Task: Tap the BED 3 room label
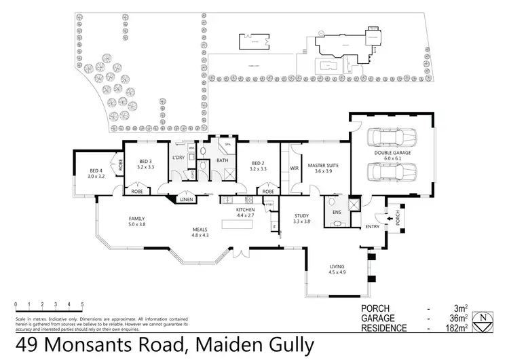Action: tap(146, 161)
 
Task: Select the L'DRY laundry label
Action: tap(178, 158)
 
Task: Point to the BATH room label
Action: tap(223, 160)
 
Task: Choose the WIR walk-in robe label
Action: tap(295, 167)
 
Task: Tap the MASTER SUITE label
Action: tap(323, 166)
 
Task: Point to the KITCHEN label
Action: tap(245, 211)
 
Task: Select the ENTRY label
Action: tap(372, 226)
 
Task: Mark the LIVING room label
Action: tap(338, 267)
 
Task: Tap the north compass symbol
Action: tap(483, 321)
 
